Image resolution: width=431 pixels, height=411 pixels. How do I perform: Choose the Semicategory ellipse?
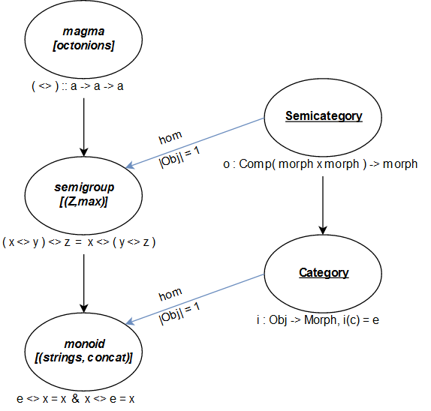pyautogui.click(x=324, y=117)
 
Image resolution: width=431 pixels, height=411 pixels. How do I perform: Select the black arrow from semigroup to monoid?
pyautogui.click(x=83, y=277)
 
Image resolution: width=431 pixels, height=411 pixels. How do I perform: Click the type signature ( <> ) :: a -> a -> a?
pyautogui.click(x=77, y=85)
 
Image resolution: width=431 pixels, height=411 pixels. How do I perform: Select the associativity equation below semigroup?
pyautogui.click(x=80, y=242)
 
